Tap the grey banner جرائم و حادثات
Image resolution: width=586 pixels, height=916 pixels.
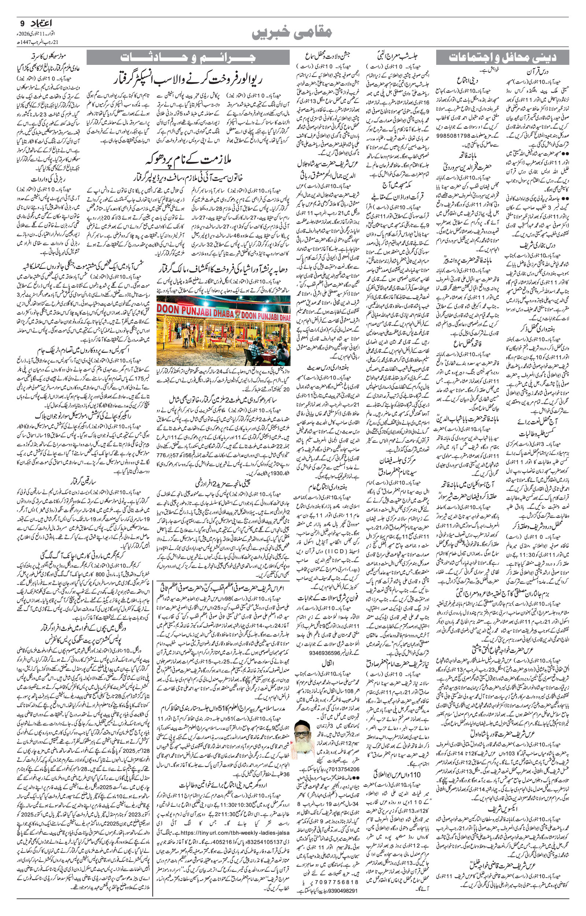pos(188,57)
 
